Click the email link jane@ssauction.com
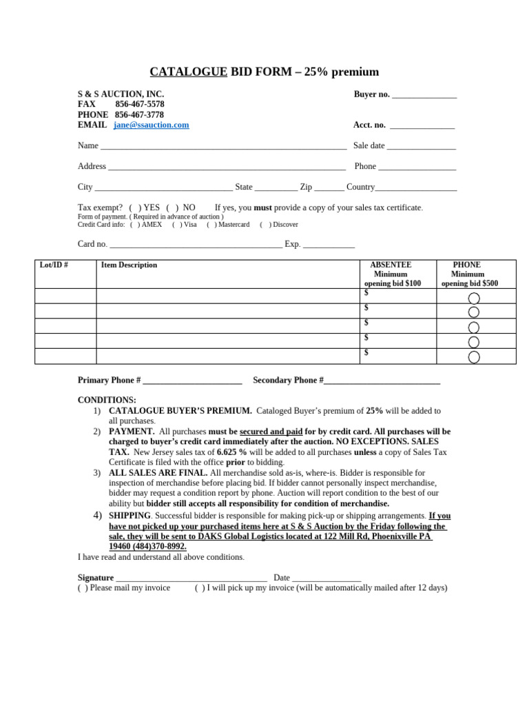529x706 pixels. (x=151, y=125)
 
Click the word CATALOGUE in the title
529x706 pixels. (x=189, y=72)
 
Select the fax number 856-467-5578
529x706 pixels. (x=139, y=104)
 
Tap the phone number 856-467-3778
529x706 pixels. (x=139, y=114)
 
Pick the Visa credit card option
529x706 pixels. (x=177, y=224)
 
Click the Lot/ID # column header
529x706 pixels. (x=54, y=265)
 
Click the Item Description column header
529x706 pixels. (x=129, y=265)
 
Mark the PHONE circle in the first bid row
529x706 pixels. (x=474, y=298)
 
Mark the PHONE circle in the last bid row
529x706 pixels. (x=474, y=357)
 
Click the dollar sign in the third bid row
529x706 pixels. (x=366, y=323)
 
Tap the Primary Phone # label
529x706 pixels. (x=110, y=380)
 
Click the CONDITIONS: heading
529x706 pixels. (x=107, y=400)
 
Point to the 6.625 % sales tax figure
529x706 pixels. (x=231, y=452)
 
